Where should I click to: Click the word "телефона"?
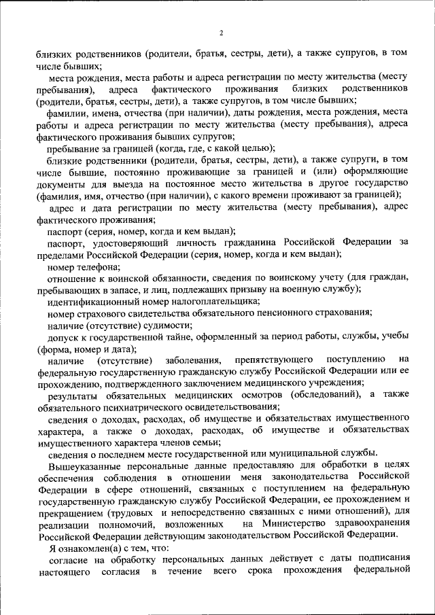(101, 266)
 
